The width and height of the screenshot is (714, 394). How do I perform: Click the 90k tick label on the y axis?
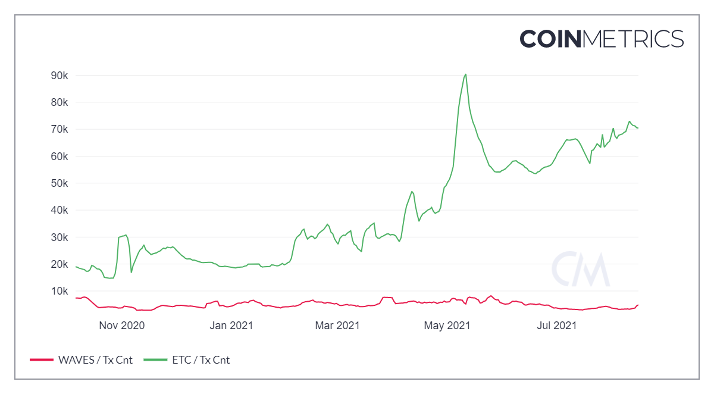(59, 76)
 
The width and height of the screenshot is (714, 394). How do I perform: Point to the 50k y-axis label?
(59, 183)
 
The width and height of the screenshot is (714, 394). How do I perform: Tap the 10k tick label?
(59, 291)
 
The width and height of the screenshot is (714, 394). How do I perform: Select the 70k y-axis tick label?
(59, 129)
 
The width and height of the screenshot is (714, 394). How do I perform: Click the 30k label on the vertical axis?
(59, 237)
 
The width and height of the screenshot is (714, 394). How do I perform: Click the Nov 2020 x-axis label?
(122, 326)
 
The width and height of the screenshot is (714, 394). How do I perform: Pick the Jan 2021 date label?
(231, 326)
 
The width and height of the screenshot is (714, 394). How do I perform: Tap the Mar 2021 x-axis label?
(337, 326)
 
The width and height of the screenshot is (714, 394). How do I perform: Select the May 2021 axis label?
(447, 326)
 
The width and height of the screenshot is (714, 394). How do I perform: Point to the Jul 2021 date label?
(557, 326)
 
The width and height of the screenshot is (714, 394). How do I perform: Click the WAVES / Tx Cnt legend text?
(95, 360)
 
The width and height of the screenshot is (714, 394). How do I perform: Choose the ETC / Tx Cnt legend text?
(201, 360)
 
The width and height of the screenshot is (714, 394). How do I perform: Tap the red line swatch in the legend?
(42, 360)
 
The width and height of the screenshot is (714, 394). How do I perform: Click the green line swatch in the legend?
(155, 360)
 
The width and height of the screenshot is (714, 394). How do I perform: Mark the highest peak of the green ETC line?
(466, 74)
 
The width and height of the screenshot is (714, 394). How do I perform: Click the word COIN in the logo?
(550, 39)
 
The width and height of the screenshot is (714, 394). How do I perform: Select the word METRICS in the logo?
(633, 39)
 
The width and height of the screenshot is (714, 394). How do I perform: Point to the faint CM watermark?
(581, 269)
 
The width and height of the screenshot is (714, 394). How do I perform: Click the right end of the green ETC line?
(638, 128)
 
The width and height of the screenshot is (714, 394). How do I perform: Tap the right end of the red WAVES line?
(638, 305)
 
